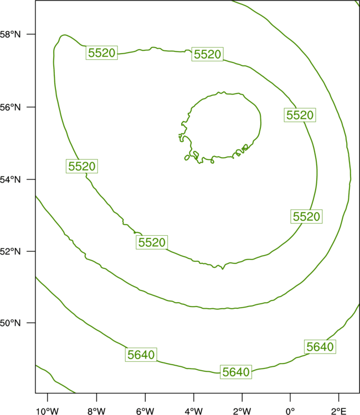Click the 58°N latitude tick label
click(x=10, y=34)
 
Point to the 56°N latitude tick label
click(x=10, y=107)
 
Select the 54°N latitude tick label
click(x=10, y=180)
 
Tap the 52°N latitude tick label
click(x=10, y=251)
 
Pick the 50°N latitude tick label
click(x=10, y=323)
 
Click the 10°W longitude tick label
click(x=48, y=411)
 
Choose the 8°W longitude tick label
click(x=96, y=411)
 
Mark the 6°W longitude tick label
click(x=145, y=411)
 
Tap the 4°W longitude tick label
click(x=194, y=411)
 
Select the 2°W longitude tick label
click(x=242, y=411)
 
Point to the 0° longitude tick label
click(x=290, y=411)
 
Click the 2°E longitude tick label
click(x=338, y=411)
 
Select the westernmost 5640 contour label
click(x=141, y=355)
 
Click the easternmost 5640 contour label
click(x=320, y=347)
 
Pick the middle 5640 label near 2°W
click(x=236, y=372)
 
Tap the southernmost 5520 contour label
click(x=152, y=242)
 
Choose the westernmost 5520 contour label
click(x=82, y=166)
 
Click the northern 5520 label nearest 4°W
click(x=208, y=54)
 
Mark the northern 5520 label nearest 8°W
click(x=102, y=53)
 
